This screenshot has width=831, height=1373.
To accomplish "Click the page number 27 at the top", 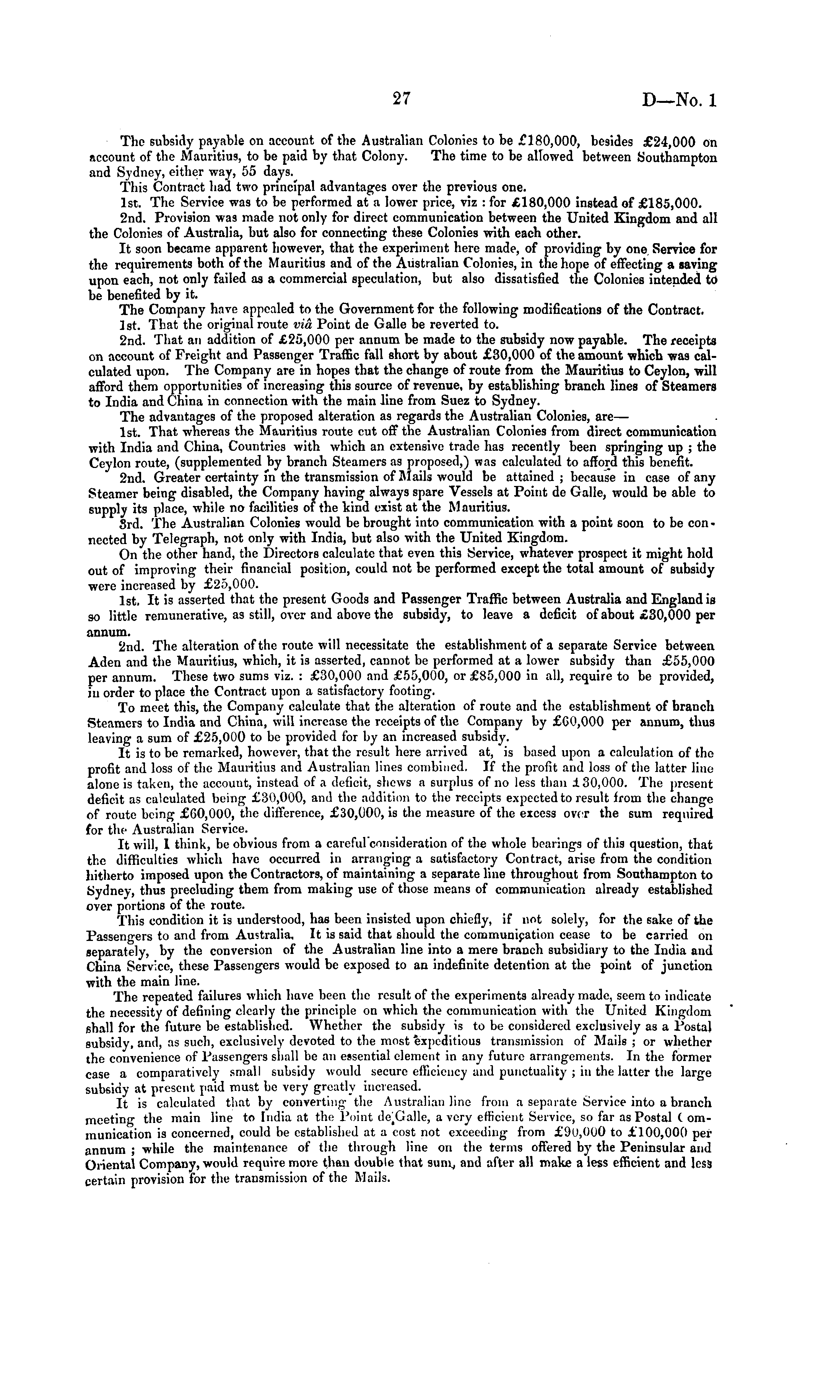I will point(401,99).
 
